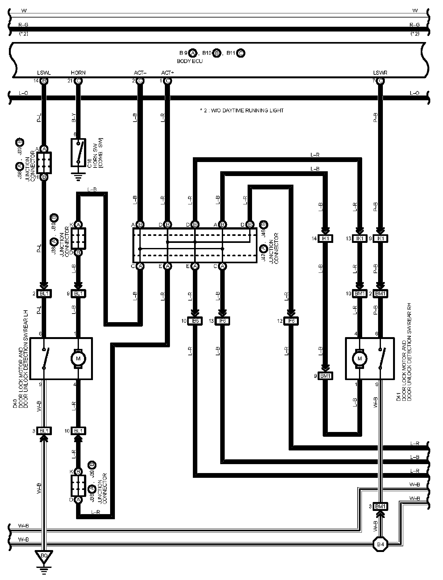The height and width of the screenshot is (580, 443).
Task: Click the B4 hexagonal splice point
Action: (381, 544)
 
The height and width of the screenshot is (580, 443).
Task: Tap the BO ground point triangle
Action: (44, 556)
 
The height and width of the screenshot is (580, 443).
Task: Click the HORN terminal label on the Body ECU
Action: (78, 73)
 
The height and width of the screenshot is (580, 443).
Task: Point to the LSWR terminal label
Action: (380, 73)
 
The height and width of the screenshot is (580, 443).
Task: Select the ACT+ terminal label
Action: (167, 73)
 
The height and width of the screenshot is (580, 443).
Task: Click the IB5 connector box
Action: (195, 321)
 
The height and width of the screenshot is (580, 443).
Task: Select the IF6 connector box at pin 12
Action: (291, 321)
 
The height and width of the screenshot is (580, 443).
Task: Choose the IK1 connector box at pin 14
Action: (325, 238)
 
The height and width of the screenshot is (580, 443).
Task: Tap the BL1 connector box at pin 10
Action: (78, 431)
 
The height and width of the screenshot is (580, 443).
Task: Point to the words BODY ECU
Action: (190, 61)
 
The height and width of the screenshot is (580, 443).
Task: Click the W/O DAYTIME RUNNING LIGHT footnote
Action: (242, 110)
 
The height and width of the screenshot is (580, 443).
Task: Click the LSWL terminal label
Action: (44, 73)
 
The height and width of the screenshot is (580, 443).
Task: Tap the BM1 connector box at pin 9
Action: (325, 376)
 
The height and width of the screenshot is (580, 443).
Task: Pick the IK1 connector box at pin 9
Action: (380, 238)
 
